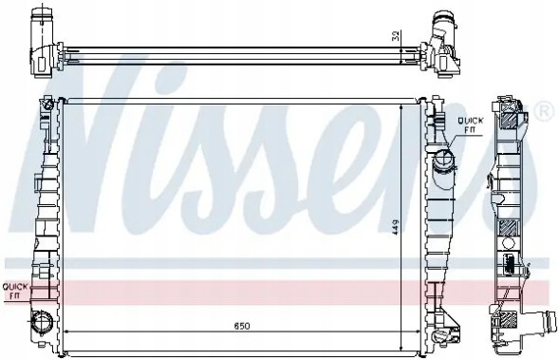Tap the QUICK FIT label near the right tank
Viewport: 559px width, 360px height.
point(471,122)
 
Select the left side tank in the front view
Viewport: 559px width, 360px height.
point(44,218)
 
